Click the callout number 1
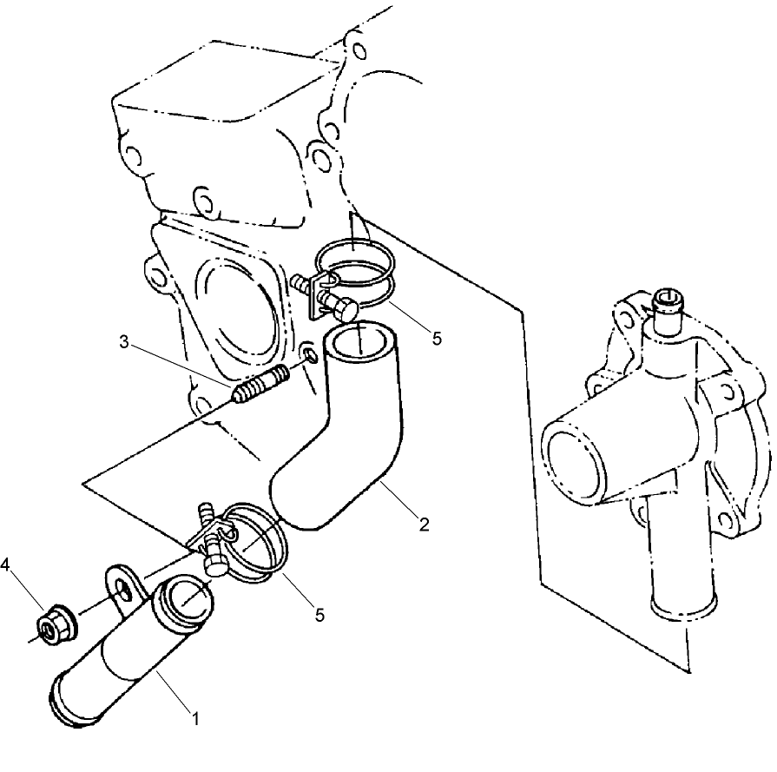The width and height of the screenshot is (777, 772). (x=195, y=718)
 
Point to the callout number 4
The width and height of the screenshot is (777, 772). (x=6, y=565)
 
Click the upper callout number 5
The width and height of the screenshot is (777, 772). (x=436, y=338)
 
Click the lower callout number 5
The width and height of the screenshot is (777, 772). (x=319, y=614)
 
